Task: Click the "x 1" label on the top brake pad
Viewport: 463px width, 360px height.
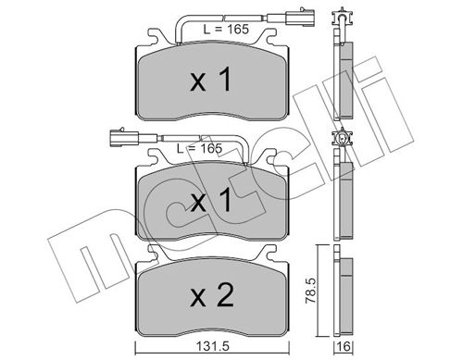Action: (x=210, y=82)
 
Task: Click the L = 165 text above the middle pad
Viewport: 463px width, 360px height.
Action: (x=198, y=148)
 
